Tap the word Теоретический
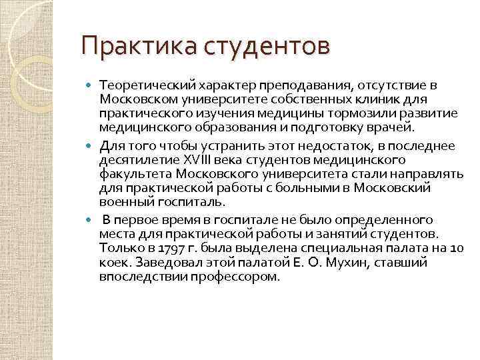pyautogui.click(x=143, y=86)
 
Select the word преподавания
pyautogui.click(x=294, y=86)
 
